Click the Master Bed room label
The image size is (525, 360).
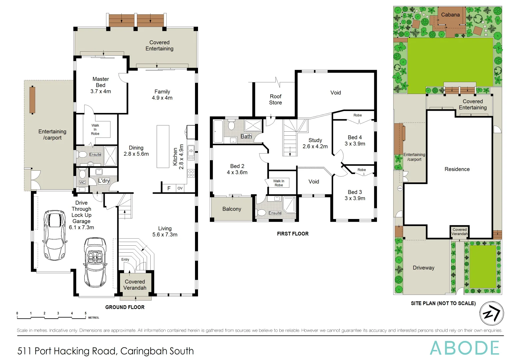coord(101,85)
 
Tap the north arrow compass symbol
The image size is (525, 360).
coord(491,314)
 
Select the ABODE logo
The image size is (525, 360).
coord(464,348)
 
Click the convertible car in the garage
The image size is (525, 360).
coord(95,262)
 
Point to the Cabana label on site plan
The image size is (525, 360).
coord(450,15)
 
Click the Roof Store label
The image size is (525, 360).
coord(275,99)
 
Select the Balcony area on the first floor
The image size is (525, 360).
coord(232,209)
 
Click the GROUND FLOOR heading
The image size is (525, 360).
coord(125,307)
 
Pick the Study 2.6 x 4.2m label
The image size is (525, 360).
coord(315,143)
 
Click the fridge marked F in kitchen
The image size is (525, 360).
coord(169,188)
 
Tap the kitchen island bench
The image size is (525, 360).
coord(163,146)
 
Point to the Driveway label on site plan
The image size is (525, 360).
coord(423,268)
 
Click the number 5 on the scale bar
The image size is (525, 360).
coord(85,313)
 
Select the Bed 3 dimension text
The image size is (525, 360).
coord(355,198)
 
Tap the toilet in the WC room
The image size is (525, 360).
coord(82,174)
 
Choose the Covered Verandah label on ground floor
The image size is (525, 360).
coord(135,285)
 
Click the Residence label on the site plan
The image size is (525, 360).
coord(457,169)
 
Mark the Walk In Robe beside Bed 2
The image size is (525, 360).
coord(278,183)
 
